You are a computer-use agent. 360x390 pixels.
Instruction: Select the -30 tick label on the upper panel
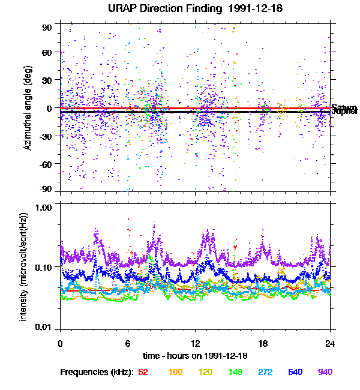coord(46,136)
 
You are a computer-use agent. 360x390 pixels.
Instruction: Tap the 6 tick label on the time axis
coord(128,344)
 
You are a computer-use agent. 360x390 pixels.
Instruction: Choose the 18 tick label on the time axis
coord(263,344)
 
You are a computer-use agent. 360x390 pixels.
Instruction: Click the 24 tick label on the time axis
coord(330,344)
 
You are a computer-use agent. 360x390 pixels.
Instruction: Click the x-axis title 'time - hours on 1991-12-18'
coord(196,356)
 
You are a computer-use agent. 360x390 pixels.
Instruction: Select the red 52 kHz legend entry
coord(143,373)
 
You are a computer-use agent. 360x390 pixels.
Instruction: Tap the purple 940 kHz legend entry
coord(325,373)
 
